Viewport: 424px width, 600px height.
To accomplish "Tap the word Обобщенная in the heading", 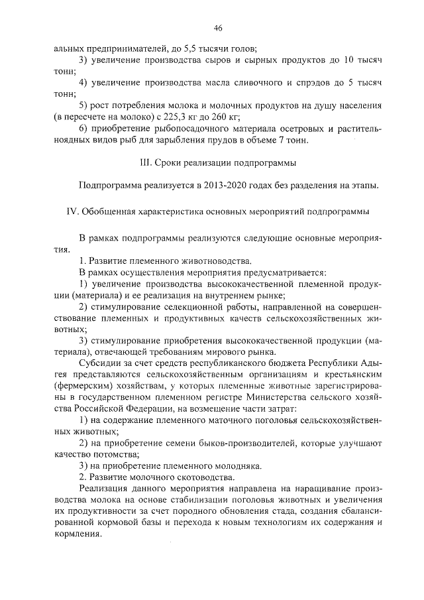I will click(109, 211).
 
